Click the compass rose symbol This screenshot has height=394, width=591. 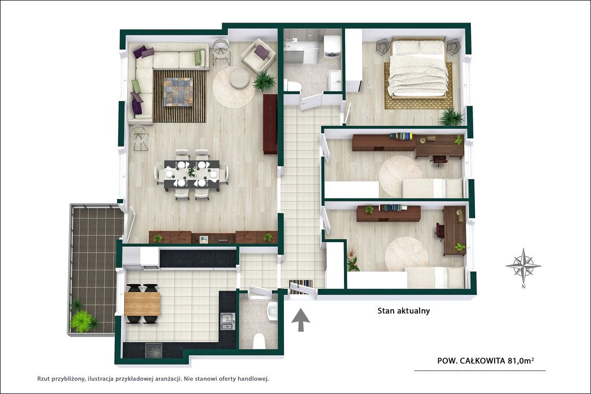coord(523,265)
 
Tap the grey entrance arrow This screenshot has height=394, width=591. coord(301,320)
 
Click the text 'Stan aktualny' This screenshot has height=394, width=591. coord(403,311)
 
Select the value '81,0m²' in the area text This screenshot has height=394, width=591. coord(521,361)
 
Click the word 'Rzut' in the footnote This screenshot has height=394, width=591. coord(43,379)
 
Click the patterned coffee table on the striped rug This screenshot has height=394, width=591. coord(178,92)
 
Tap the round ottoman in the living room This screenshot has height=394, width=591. coord(239,78)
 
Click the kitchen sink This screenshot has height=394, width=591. coord(227,321)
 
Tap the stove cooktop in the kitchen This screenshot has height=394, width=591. coord(154,350)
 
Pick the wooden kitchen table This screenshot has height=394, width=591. coord(142,304)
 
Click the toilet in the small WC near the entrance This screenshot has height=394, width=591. coord(259,342)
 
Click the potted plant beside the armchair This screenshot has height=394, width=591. coord(264,81)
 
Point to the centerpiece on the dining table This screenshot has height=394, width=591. coord(192,172)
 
